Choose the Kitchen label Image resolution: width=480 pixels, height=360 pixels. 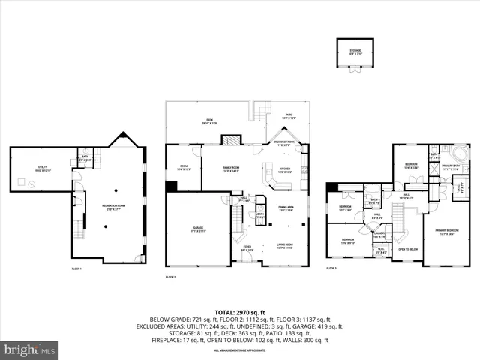285,171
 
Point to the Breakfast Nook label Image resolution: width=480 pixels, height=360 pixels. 283,143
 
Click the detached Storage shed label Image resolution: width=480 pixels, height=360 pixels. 354,51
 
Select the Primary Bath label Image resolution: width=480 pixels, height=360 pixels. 451,169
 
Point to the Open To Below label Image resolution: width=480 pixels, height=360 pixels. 407,249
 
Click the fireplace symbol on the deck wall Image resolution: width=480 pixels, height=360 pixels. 233,139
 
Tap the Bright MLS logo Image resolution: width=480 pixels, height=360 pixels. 30,349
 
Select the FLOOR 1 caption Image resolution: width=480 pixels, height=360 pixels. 76,268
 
